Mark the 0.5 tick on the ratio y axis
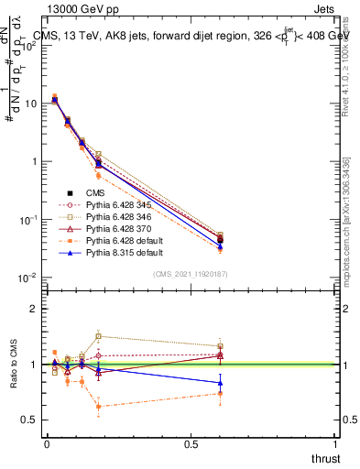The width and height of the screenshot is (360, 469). (32, 420)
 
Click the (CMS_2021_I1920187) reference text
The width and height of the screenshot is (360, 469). (190, 274)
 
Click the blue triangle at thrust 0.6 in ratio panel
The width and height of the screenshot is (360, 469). (220, 383)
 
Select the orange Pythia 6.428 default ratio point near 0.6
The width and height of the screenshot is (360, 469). (220, 393)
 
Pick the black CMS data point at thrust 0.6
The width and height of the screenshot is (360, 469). (220, 240)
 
